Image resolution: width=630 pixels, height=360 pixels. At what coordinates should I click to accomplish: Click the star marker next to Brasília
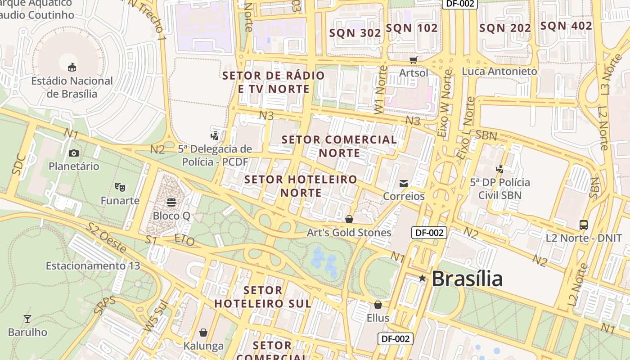[422, 279]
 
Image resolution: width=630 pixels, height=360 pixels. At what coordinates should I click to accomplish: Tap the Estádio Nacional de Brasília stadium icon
[72, 67]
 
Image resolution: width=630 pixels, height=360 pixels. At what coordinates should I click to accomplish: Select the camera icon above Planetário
[74, 153]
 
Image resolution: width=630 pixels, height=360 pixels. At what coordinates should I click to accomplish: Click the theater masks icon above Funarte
[120, 186]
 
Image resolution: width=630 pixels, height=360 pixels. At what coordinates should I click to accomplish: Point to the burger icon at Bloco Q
[171, 202]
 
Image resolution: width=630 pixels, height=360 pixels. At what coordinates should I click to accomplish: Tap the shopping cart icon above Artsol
[413, 60]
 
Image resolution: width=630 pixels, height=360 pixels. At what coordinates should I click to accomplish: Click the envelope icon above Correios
[403, 183]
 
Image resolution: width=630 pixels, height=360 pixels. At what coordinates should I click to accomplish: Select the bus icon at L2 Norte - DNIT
[584, 225]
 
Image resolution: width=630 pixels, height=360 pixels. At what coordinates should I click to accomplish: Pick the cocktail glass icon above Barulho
[27, 319]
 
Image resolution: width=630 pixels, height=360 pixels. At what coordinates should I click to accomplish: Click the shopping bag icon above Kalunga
[203, 333]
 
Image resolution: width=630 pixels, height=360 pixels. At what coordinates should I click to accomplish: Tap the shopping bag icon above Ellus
[378, 305]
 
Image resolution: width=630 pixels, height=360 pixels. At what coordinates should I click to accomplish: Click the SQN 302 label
[355, 33]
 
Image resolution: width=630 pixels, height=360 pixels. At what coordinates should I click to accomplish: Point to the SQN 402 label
[566, 26]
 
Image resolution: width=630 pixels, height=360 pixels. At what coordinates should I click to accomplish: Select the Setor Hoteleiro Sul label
[263, 297]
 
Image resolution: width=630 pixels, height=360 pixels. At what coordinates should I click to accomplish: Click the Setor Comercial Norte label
[339, 146]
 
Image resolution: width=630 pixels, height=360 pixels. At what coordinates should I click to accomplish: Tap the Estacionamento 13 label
[93, 266]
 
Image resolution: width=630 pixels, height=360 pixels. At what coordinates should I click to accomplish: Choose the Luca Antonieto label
[499, 72]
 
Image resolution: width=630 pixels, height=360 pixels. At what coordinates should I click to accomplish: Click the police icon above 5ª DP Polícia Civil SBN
[499, 169]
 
